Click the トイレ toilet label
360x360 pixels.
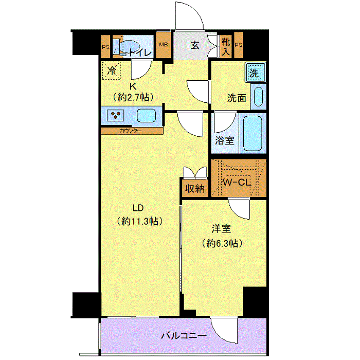(140, 53)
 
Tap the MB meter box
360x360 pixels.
(164, 45)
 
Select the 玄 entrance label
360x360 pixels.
(195, 45)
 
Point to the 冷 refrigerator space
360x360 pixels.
(112, 71)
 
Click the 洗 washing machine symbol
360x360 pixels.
(255, 72)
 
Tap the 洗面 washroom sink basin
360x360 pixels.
(258, 97)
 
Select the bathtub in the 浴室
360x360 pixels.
(253, 133)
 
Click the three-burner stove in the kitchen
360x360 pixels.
(116, 115)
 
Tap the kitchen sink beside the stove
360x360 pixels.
(146, 115)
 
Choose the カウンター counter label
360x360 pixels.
(131, 131)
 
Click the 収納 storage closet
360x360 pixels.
(195, 188)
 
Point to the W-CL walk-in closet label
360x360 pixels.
(237, 183)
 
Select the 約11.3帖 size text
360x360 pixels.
(139, 221)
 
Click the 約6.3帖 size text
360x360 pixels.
(222, 243)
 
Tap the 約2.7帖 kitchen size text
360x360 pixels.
(133, 98)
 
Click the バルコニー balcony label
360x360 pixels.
(184, 336)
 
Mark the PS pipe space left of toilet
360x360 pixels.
(105, 47)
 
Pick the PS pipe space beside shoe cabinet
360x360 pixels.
(238, 45)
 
